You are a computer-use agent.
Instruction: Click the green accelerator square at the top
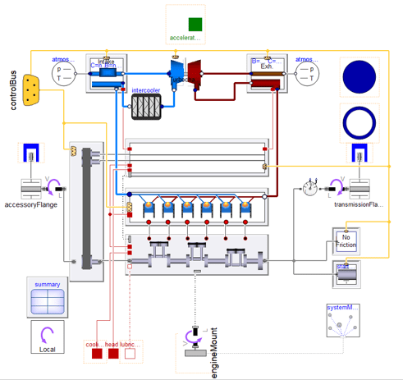pos(195,23)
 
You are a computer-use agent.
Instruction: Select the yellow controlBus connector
pos(33,90)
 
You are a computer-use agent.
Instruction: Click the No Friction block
pos(346,241)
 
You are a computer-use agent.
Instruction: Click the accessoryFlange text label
pos(30,205)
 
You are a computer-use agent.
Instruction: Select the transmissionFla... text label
pos(359,205)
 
